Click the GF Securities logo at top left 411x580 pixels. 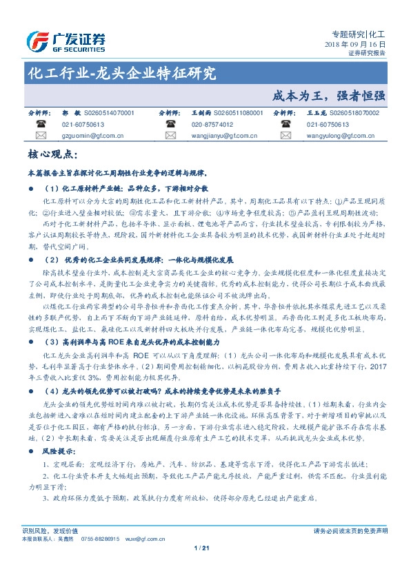[x=66, y=41]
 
